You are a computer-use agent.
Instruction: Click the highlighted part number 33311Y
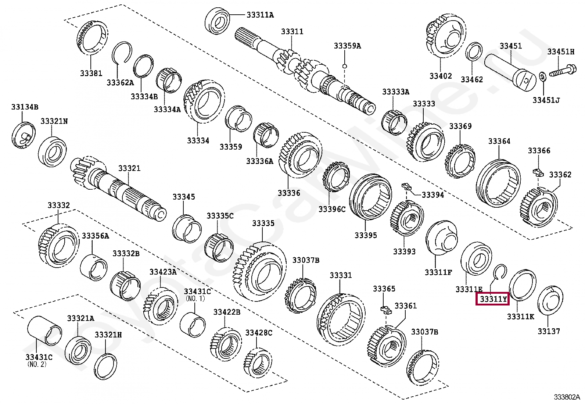pos(492,299)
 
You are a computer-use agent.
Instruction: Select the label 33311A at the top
pos(260,15)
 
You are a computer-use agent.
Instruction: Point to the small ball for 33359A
pos(345,66)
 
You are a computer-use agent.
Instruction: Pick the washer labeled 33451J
pos(542,77)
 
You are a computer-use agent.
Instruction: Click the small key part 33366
pos(537,172)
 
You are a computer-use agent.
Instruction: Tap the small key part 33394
pos(406,186)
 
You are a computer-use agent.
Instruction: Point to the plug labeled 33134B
pos(24,135)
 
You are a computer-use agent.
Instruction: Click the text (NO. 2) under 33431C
pos(37,364)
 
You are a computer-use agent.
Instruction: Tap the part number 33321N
pos(54,121)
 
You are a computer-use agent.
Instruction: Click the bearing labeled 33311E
pos(476,260)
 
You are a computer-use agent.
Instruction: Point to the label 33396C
pos(332,209)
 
